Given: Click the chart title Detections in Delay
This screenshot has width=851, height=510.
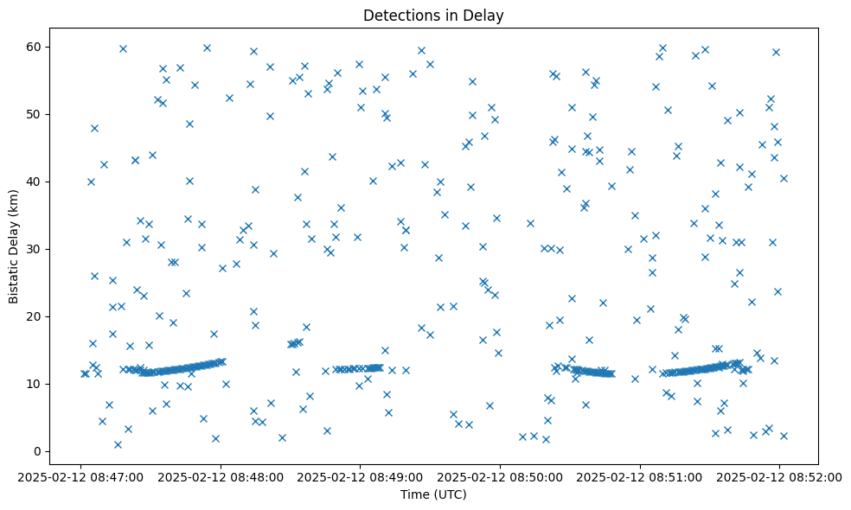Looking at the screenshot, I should (x=433, y=15).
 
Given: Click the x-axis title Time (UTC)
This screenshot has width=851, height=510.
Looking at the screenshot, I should (x=433, y=494).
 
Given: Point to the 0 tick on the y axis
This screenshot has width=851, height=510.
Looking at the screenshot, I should (x=38, y=451).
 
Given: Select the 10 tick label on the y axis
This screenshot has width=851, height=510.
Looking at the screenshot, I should (x=35, y=384).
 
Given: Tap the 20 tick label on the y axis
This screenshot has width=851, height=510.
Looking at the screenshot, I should (x=35, y=316).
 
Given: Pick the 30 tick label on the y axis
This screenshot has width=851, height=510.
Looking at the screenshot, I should (x=35, y=249).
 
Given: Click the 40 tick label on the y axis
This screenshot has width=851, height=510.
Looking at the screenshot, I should (x=35, y=182).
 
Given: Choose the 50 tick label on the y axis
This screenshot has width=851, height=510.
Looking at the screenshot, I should (x=35, y=114).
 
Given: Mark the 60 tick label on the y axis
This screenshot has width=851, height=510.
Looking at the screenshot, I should (x=35, y=47).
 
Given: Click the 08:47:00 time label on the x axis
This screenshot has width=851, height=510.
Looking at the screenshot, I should (x=80, y=476).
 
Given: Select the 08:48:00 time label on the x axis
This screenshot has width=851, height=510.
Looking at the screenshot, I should (x=221, y=476).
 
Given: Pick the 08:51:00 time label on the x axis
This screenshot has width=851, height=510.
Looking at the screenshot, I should (x=640, y=476).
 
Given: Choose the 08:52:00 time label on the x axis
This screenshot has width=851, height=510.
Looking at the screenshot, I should (x=779, y=476).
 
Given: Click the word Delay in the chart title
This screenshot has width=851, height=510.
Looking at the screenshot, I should (x=487, y=15).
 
